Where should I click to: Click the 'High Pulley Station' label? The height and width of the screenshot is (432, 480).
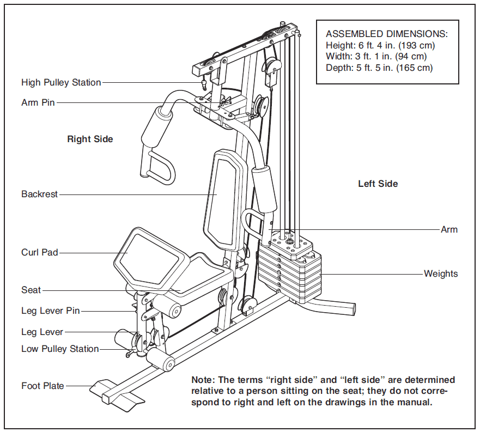tap(61, 83)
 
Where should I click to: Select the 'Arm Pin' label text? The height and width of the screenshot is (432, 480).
tap(38, 102)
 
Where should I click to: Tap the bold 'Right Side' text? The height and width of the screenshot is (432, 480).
tap(90, 139)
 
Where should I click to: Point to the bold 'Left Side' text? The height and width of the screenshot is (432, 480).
tap(378, 184)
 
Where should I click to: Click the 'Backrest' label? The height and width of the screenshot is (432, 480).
tap(39, 194)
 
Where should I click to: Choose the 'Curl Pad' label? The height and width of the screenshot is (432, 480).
tap(40, 253)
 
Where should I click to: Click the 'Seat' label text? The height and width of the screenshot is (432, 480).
tap(31, 290)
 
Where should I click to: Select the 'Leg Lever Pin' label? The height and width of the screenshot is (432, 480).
tap(51, 311)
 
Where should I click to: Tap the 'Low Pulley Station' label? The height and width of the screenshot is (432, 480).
tap(60, 349)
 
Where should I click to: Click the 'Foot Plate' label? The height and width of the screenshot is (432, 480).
tap(42, 386)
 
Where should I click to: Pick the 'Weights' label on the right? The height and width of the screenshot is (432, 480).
tap(441, 273)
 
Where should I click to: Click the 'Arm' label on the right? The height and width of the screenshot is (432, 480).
tap(449, 230)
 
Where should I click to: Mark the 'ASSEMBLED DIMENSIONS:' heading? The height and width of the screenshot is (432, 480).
tap(387, 34)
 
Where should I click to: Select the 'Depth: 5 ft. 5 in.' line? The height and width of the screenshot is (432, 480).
tap(360, 68)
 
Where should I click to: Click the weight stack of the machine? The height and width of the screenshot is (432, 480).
tap(289, 267)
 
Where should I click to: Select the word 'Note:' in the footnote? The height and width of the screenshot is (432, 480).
tap(204, 380)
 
